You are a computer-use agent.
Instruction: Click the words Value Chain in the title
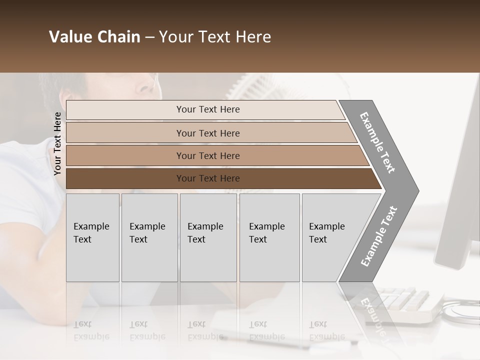(94, 37)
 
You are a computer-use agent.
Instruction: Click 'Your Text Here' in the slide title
(215, 37)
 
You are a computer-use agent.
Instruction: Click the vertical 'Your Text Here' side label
(57, 144)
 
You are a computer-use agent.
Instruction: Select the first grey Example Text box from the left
(92, 237)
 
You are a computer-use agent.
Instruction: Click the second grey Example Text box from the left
(149, 237)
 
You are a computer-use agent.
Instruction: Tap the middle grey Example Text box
(208, 237)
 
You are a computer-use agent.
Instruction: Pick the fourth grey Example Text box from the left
(269, 237)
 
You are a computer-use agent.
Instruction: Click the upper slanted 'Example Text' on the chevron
(377, 142)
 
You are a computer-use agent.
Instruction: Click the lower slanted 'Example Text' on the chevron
(378, 236)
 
